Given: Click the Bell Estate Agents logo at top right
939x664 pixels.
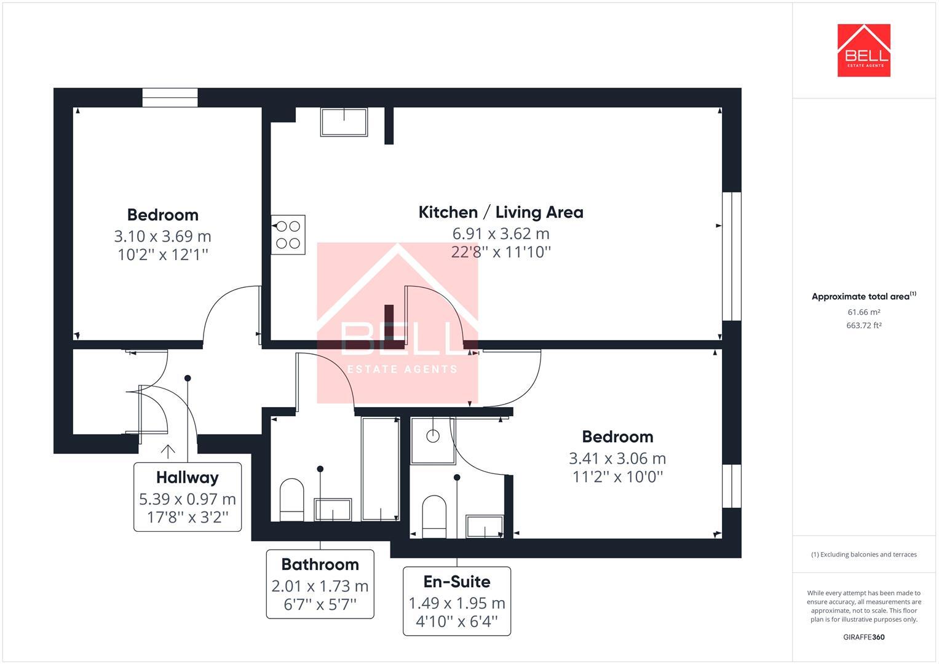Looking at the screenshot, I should (x=863, y=50).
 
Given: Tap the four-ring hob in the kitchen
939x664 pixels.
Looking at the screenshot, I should (x=288, y=234).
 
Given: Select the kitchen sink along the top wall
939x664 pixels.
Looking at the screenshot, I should (x=344, y=122).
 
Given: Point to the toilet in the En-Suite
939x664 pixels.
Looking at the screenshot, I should (x=434, y=516).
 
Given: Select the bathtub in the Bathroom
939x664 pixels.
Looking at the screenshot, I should (x=380, y=469).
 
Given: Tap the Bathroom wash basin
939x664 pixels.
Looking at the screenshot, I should (x=333, y=510).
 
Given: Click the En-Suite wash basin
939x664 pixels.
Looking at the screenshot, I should (x=485, y=527).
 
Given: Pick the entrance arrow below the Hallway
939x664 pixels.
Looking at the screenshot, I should (x=168, y=451).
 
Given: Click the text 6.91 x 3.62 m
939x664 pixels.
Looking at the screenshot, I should (x=501, y=234).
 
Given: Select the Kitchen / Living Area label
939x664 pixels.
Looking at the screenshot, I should (x=501, y=212).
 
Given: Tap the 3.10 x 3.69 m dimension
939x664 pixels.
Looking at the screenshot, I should (x=162, y=236).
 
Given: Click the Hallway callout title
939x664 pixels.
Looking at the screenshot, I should (x=187, y=477).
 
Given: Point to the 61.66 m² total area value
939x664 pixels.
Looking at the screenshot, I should (x=863, y=312).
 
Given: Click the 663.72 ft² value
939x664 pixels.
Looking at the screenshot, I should (x=863, y=326).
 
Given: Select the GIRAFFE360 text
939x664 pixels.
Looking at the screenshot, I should (x=863, y=637).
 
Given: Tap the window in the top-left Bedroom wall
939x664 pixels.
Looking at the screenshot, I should (x=170, y=98).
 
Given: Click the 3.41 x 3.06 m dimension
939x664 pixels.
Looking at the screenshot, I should (x=617, y=458).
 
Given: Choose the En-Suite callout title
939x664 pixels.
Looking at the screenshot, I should (x=457, y=582).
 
